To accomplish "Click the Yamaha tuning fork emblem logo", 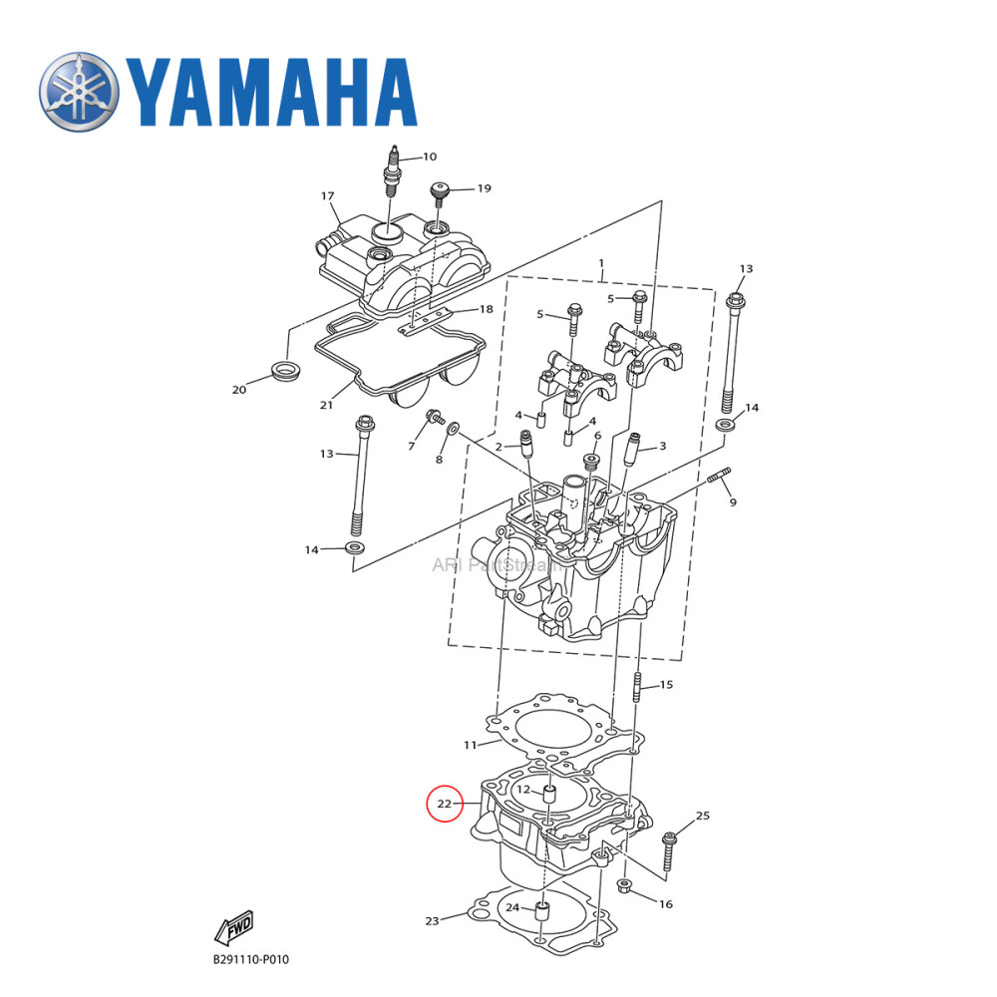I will pos(80,93).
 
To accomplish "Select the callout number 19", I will pos(484,187).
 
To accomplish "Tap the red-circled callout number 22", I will pos(445,803).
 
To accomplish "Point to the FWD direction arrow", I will pos(234,926).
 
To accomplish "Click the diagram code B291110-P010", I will pos(250,960).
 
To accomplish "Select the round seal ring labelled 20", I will pos(286,374).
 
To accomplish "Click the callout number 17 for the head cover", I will pos(327,196).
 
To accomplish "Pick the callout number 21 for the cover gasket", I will pos(326,404).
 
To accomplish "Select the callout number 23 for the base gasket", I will pos(432,921).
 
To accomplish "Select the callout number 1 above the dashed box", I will pos(601,263).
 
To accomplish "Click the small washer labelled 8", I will pos(453,428).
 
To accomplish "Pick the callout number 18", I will pos(486,309).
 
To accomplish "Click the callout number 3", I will pos(662,446).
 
